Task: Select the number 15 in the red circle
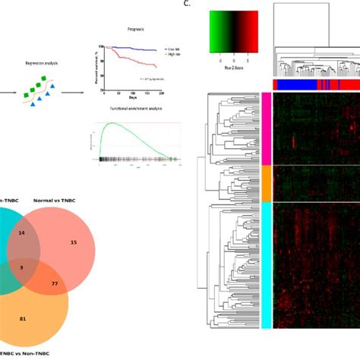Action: [74, 242]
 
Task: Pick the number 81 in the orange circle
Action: [23, 318]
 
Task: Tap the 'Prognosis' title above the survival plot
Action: [137, 30]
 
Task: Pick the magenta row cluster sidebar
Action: [266, 128]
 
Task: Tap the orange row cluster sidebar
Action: [266, 183]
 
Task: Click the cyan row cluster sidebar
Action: [266, 265]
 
